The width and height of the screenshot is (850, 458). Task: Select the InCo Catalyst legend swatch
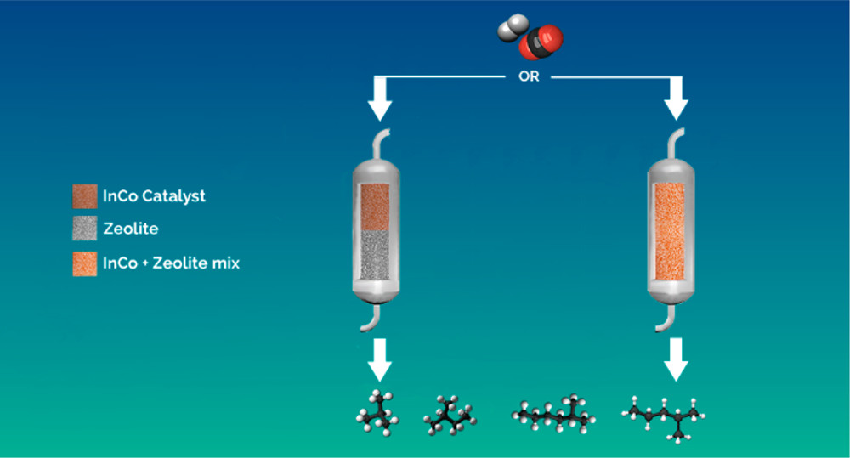(84, 196)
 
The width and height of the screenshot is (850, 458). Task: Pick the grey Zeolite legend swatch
(84, 229)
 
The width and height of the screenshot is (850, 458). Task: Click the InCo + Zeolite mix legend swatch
(84, 263)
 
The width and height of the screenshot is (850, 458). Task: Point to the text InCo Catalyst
(154, 196)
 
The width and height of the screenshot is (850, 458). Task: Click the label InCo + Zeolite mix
(171, 263)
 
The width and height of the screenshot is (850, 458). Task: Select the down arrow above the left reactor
(379, 100)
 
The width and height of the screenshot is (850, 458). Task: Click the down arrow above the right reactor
(676, 100)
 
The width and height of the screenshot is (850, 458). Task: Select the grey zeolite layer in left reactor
(374, 259)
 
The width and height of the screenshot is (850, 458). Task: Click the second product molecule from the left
(448, 414)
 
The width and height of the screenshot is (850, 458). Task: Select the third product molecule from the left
(553, 414)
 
